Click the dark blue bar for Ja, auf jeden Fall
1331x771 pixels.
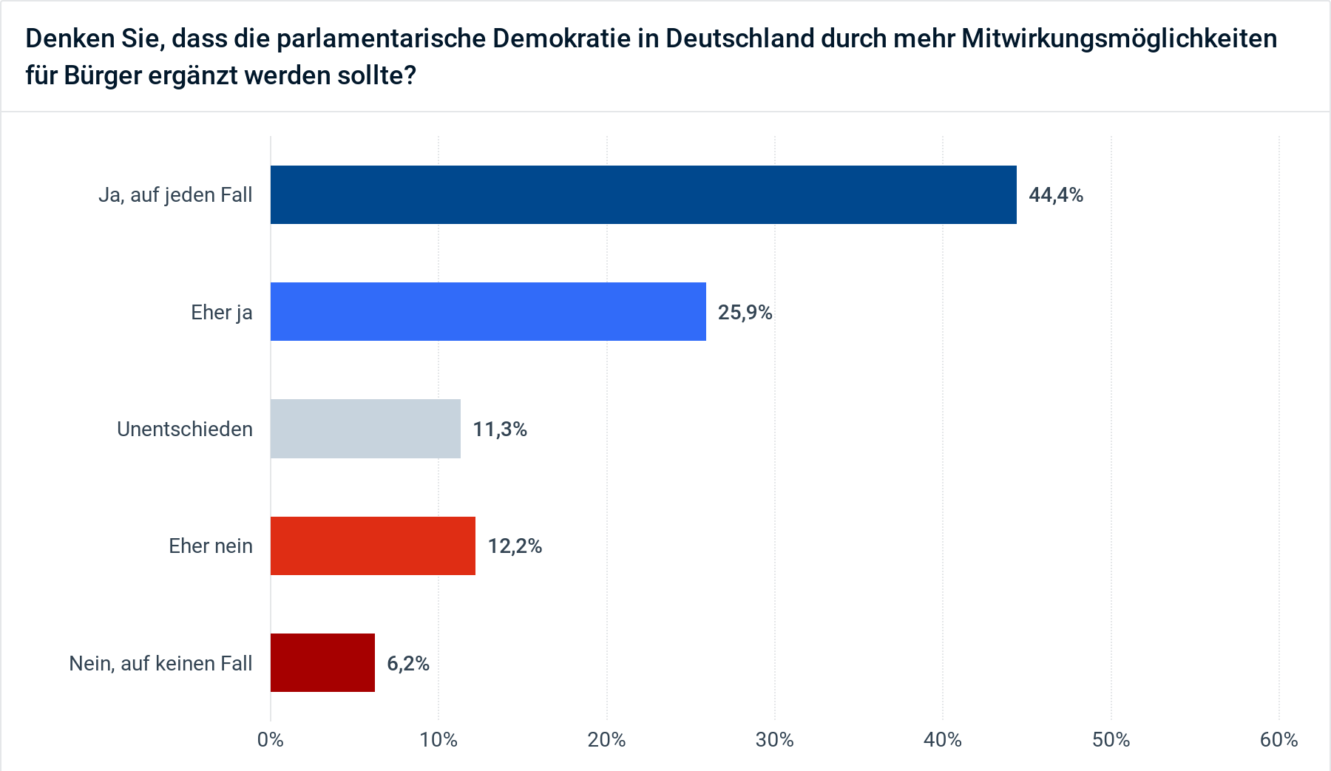[643, 194]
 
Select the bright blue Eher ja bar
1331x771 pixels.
[488, 311]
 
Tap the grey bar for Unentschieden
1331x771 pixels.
[365, 429]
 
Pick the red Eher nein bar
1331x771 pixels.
[373, 546]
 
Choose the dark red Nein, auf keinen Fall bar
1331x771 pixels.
[322, 662]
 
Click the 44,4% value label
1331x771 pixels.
[1056, 195]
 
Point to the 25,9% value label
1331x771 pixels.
[745, 312]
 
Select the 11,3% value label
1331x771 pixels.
[500, 429]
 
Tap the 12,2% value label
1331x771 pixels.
[515, 546]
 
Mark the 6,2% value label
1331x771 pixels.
[408, 663]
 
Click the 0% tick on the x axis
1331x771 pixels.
[271, 740]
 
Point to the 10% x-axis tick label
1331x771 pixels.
[438, 740]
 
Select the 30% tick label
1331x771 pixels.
[775, 740]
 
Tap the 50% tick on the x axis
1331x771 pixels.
[1111, 740]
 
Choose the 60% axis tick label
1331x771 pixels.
[1279, 740]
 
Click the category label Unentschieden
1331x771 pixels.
[185, 429]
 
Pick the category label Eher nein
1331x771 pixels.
[211, 546]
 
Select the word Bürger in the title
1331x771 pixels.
[103, 75]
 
